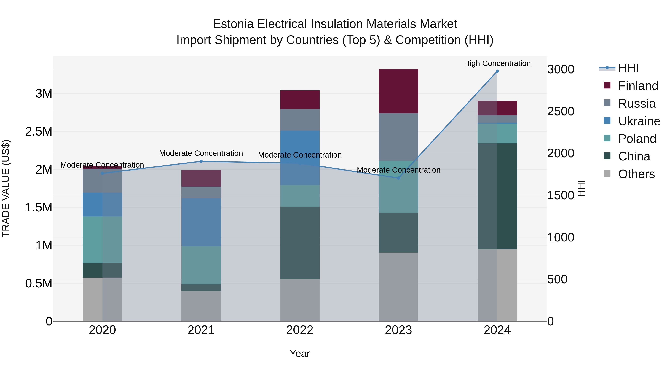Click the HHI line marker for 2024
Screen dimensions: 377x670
497,71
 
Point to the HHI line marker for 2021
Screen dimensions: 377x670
201,161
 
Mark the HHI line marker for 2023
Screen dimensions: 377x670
398,178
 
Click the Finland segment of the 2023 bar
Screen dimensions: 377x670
398,91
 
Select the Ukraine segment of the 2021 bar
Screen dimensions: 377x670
201,222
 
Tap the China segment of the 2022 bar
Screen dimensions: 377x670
300,243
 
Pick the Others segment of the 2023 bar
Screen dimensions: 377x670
398,287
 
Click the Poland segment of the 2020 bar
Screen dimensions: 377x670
102,239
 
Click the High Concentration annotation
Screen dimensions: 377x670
497,63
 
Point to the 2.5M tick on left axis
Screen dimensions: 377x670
39,132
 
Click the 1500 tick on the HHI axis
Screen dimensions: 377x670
561,195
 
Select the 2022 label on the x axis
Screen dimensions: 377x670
300,330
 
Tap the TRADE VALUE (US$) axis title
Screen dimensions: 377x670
6,188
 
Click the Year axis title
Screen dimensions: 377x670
300,354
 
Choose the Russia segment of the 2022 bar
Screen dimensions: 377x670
300,120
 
